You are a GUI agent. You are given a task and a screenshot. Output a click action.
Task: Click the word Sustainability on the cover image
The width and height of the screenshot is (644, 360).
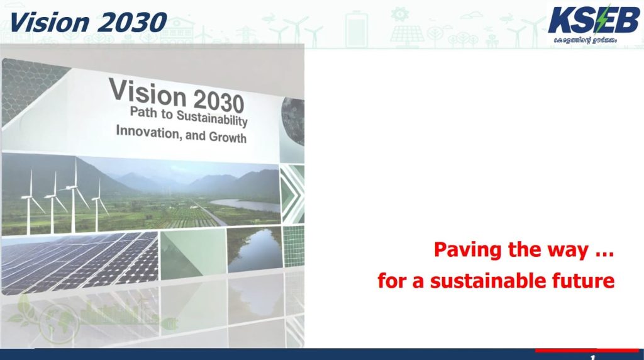coord(212,118)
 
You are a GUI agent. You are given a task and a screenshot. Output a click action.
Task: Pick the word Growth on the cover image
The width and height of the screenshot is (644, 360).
coord(228,137)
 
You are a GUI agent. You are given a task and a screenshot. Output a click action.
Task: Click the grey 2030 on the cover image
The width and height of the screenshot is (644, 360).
coord(218,101)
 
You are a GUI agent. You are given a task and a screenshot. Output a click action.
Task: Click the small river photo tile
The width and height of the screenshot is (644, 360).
coord(255,249)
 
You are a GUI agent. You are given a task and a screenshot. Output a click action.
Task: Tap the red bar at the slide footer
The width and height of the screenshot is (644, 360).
coord(587,351)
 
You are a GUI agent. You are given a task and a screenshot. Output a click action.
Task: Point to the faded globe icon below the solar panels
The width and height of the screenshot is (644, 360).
coord(60,323)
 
